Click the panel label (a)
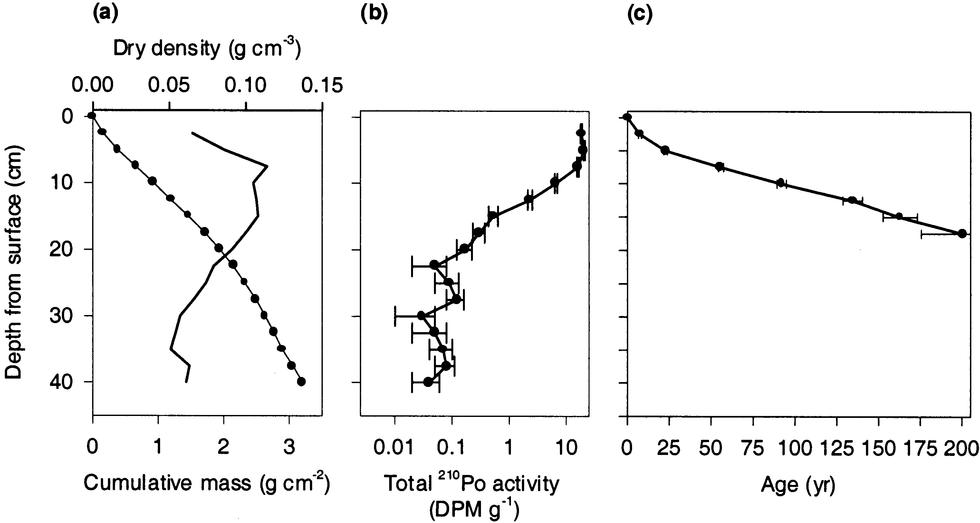(106, 13)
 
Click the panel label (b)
(374, 13)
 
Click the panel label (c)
(639, 13)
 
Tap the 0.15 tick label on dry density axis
(322, 85)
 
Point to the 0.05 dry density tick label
(169, 85)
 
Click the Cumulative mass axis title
(207, 483)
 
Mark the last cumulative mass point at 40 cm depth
(301, 382)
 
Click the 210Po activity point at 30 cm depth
(421, 316)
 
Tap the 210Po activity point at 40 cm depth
(428, 382)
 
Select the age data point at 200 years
(962, 234)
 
